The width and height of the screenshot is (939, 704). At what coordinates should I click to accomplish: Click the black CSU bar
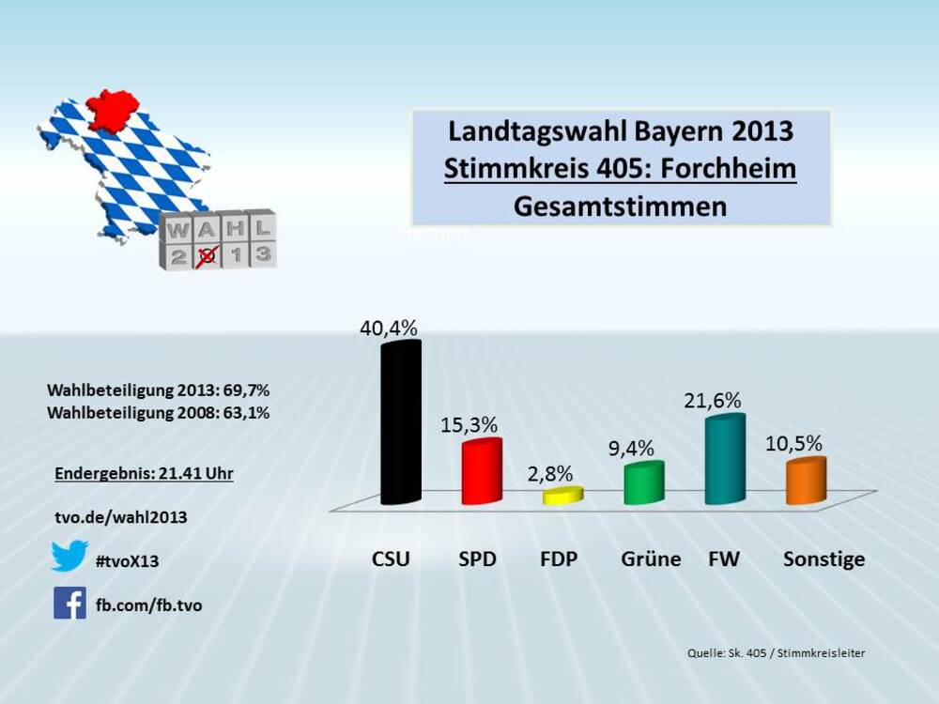coord(401,422)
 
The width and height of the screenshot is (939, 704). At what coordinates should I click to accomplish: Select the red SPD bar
coord(482,472)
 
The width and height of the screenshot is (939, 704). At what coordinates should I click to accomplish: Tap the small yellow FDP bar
coord(563,496)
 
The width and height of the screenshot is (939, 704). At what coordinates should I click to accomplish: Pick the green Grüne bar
coord(644,483)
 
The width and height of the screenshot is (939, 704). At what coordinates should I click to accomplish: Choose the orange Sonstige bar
coord(806,481)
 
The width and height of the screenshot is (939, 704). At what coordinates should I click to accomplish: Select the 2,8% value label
coord(549,473)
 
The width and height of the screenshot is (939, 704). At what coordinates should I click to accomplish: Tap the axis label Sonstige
coord(824,559)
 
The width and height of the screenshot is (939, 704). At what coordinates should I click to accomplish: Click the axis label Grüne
coord(651,559)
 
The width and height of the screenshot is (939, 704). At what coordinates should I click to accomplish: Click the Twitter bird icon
coord(69,556)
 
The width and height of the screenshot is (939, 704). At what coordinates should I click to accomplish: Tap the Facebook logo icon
coord(69,603)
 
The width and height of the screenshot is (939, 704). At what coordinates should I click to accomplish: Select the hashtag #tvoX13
coord(128,561)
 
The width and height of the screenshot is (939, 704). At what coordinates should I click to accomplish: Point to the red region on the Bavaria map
coord(112,110)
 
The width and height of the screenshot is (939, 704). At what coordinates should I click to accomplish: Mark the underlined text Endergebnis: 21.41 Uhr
coord(144,474)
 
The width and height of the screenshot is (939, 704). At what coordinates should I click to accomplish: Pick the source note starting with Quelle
coord(776,652)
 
